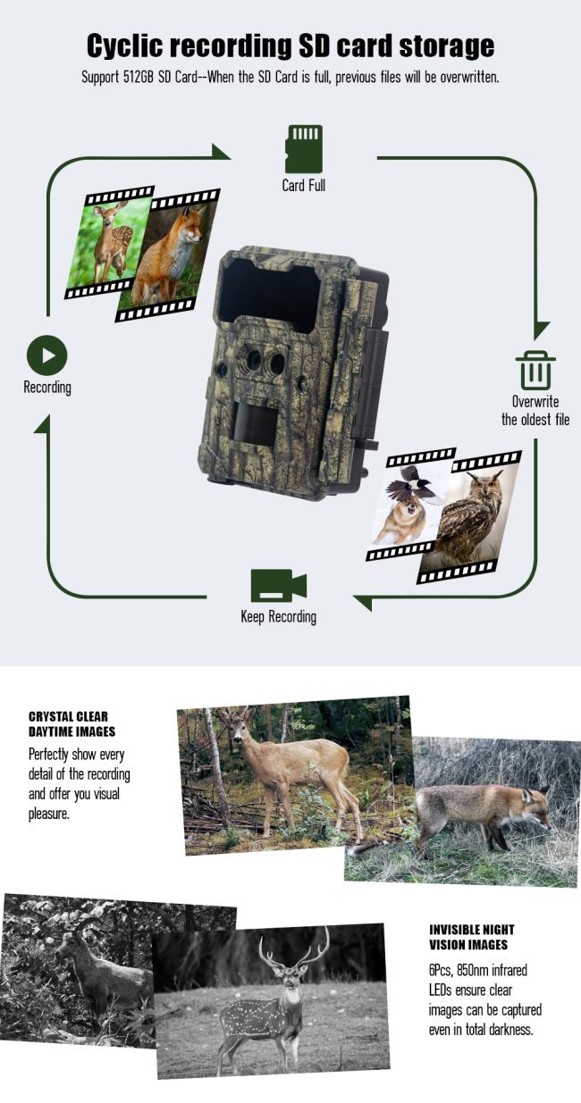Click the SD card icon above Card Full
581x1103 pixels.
click(304, 149)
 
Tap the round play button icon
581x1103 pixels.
click(46, 355)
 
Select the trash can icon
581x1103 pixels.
click(535, 371)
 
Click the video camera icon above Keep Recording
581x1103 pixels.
click(278, 586)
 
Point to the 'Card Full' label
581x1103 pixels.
click(304, 186)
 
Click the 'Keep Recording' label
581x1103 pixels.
click(278, 617)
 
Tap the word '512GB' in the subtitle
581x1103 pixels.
click(139, 78)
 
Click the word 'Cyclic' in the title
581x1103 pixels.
click(124, 46)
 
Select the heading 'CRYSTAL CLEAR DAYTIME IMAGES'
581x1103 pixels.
click(72, 723)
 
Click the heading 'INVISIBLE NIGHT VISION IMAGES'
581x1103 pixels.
click(472, 937)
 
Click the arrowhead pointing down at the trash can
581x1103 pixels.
click(541, 330)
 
